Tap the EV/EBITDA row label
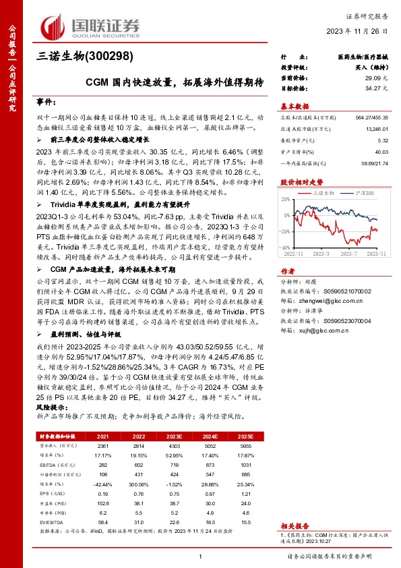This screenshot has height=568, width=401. pyautogui.click(x=49, y=523)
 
